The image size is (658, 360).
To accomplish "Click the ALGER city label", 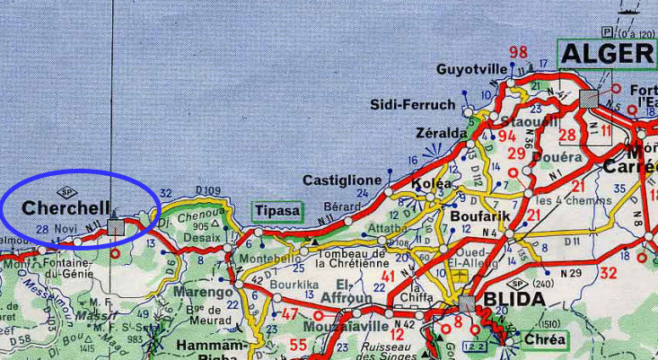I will (608, 54).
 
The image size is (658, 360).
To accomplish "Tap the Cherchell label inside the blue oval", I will (66, 207).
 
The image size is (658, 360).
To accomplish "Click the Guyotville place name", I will (472, 69).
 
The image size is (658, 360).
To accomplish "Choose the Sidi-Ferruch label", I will (414, 105).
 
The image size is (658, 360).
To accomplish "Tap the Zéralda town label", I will (442, 133).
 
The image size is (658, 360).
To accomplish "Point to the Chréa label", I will (546, 339).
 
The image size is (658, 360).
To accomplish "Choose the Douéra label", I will (557, 156).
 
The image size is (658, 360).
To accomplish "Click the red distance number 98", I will (518, 52).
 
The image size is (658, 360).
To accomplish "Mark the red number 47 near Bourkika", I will (290, 314).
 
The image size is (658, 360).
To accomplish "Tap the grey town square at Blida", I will (466, 303).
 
